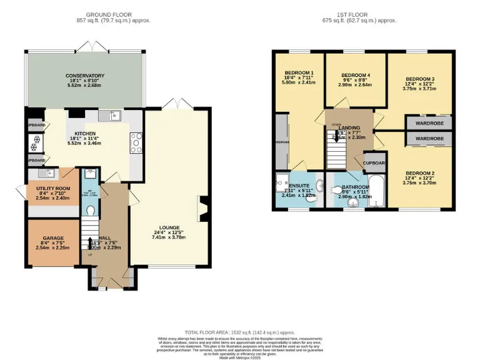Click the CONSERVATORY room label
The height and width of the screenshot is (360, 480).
(85, 76)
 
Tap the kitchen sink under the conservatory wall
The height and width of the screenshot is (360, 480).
(113, 116)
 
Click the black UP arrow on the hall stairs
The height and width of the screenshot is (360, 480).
(91, 241)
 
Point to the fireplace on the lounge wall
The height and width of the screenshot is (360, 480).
(201, 209)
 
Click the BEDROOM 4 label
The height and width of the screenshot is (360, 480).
(355, 76)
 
